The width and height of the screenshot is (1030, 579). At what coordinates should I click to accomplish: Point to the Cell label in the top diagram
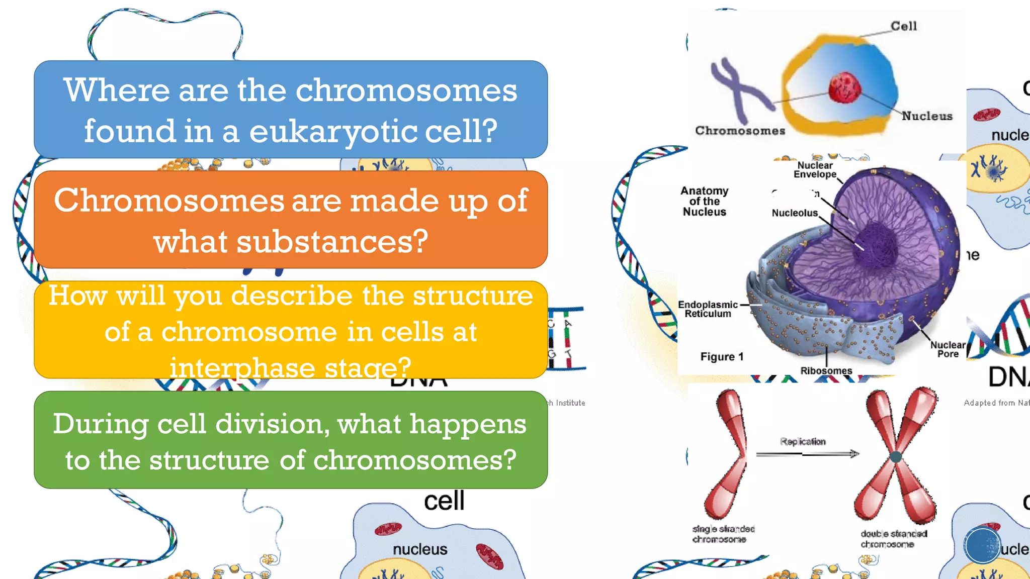pos(904,26)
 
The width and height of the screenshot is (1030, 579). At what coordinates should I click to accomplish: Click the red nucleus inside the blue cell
pos(844,87)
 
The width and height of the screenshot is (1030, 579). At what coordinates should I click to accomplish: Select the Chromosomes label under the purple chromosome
pos(740,131)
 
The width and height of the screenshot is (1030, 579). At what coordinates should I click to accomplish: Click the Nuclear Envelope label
pos(815,170)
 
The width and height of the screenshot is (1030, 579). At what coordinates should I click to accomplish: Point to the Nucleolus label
pos(795,213)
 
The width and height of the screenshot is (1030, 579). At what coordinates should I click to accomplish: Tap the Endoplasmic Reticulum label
pos(708,309)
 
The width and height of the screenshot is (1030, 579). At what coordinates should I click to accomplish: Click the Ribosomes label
pos(826,371)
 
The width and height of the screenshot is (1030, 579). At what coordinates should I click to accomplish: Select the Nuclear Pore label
pos(948,349)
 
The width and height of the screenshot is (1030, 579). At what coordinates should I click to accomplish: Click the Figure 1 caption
pos(722,357)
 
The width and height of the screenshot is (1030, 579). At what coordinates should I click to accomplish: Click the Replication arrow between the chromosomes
pos(807,454)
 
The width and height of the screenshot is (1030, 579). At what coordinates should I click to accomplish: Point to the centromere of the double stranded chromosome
pos(896,457)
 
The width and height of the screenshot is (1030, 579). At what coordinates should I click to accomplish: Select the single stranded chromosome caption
pos(723,534)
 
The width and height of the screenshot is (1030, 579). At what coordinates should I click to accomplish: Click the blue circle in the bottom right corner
pos(982,545)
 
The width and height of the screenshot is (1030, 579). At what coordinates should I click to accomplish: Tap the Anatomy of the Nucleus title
pos(704,202)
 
